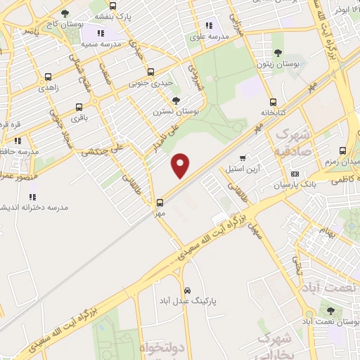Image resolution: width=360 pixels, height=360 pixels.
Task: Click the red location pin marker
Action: point(181,166)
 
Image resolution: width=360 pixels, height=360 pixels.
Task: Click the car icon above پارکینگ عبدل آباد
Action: point(186,290)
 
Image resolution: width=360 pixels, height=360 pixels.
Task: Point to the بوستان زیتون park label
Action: point(278,63)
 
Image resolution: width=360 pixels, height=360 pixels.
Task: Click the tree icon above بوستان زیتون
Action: point(278,53)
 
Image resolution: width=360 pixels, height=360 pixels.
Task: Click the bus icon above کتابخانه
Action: point(273,101)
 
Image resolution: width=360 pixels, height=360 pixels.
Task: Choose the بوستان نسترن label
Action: point(176,111)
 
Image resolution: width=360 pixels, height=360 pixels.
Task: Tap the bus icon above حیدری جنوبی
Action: point(150,72)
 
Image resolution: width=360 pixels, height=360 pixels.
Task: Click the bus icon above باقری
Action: point(78,108)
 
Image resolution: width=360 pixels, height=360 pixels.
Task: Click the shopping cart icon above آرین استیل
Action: point(243,157)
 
